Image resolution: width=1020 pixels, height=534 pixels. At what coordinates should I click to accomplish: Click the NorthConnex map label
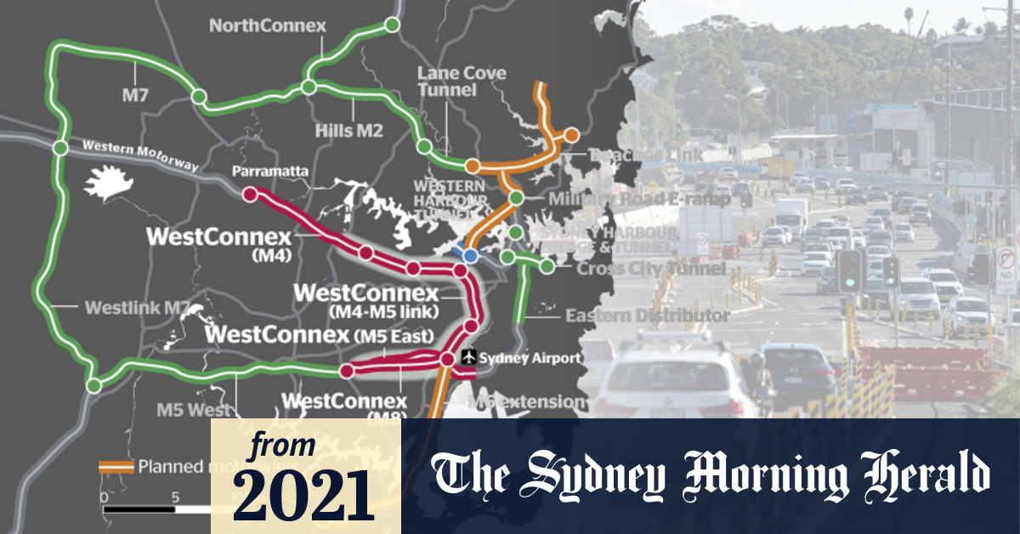coord(267,26)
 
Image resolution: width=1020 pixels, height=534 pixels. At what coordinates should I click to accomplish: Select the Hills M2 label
coord(349,130)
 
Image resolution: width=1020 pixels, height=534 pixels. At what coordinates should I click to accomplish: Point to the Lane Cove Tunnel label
coord(462,82)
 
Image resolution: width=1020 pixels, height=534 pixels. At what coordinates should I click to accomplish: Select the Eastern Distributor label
coord(647,315)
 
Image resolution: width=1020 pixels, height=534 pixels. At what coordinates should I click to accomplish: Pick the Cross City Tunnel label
coord(650,269)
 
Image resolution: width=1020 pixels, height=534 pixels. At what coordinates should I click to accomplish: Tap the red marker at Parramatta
coord(250,195)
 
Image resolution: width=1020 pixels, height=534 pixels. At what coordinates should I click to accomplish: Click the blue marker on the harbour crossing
coord(469,255)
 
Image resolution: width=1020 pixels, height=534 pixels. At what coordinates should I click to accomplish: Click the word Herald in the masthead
coord(921,475)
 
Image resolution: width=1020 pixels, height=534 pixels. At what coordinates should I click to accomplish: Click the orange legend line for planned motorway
coord(116,466)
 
